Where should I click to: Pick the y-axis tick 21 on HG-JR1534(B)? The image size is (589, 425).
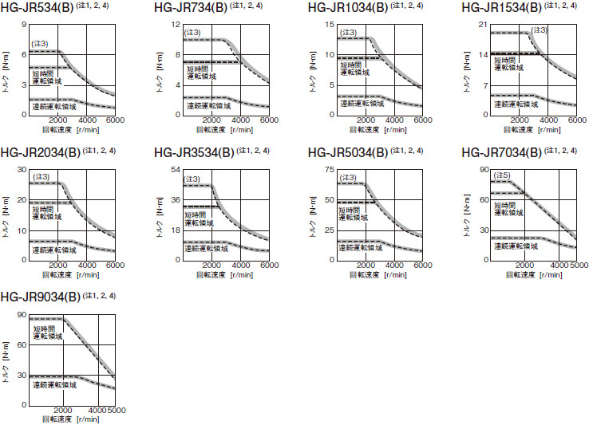click(484, 25)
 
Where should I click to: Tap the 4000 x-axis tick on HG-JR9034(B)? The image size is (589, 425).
click(96, 410)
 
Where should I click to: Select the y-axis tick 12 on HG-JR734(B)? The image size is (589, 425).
click(176, 25)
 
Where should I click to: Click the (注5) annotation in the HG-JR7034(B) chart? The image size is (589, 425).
click(503, 175)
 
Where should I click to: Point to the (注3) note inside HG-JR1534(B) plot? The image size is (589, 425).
click(540, 30)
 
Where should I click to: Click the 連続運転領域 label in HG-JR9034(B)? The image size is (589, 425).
click(55, 385)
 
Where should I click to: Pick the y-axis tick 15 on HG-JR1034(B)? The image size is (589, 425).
click(330, 25)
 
